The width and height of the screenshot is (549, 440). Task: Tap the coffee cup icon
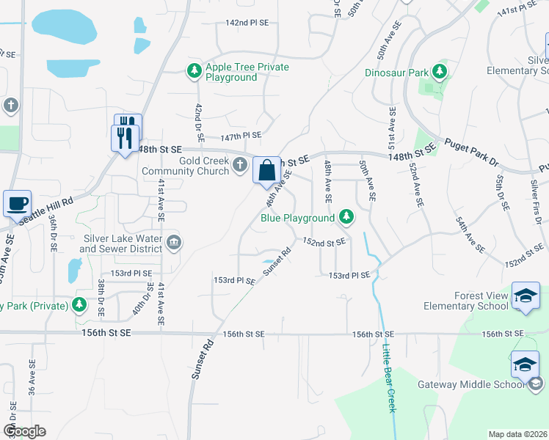pyautogui.click(x=16, y=202)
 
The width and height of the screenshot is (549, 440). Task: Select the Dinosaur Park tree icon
pyautogui.click(x=440, y=72)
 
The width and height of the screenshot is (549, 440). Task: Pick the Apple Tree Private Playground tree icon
pyautogui.click(x=194, y=71)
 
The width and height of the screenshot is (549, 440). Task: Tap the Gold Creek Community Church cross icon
pyautogui.click(x=240, y=166)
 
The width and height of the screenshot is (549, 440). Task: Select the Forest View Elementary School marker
pyautogui.click(x=526, y=296)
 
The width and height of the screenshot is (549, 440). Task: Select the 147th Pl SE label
pyautogui.click(x=241, y=135)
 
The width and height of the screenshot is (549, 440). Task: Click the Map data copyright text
pyautogui.click(x=517, y=434)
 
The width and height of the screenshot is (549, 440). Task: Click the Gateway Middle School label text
pyautogui.click(x=479, y=385)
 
